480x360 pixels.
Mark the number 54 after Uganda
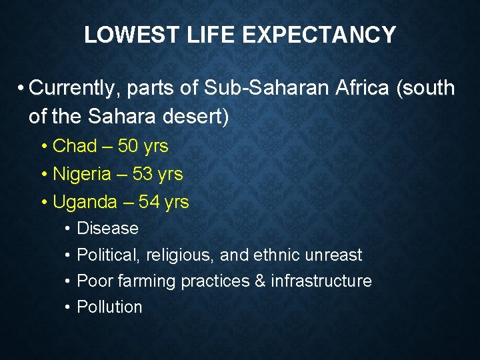coord(149,202)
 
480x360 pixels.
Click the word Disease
coord(108,229)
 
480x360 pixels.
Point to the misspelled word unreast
coord(333,255)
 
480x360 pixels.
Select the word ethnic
coord(278,255)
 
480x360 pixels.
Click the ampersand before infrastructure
coord(260,281)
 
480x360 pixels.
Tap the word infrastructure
coord(321,281)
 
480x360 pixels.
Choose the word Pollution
coord(110,307)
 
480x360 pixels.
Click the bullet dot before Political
coord(69,255)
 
